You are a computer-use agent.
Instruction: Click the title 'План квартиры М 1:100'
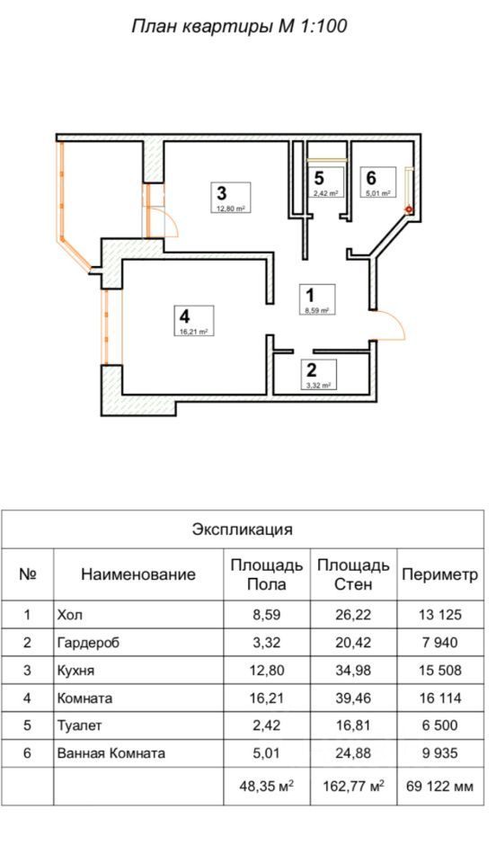[x=239, y=26]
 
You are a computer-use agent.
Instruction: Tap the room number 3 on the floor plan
[x=222, y=193]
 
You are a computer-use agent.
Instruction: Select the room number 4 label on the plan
[x=185, y=316]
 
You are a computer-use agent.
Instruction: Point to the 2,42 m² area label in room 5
[x=325, y=193]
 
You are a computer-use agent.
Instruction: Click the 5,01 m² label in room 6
[x=378, y=193]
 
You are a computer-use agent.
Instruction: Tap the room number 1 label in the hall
[x=310, y=295]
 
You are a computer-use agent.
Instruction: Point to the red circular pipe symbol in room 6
[x=409, y=209]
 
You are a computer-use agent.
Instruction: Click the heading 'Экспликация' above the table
[x=243, y=529]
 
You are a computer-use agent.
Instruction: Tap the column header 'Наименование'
[x=138, y=574]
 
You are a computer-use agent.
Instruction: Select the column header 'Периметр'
[x=440, y=574]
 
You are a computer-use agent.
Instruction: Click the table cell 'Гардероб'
[x=88, y=642]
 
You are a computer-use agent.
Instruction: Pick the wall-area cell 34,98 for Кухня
[x=353, y=671]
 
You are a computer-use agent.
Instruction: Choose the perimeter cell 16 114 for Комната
[x=440, y=698]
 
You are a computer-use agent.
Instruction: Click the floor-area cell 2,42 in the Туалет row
[x=267, y=725]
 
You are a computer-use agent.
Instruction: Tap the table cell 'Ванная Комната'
[x=111, y=752]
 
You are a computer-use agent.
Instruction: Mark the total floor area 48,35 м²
[x=267, y=786]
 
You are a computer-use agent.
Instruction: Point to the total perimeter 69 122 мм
[x=440, y=786]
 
